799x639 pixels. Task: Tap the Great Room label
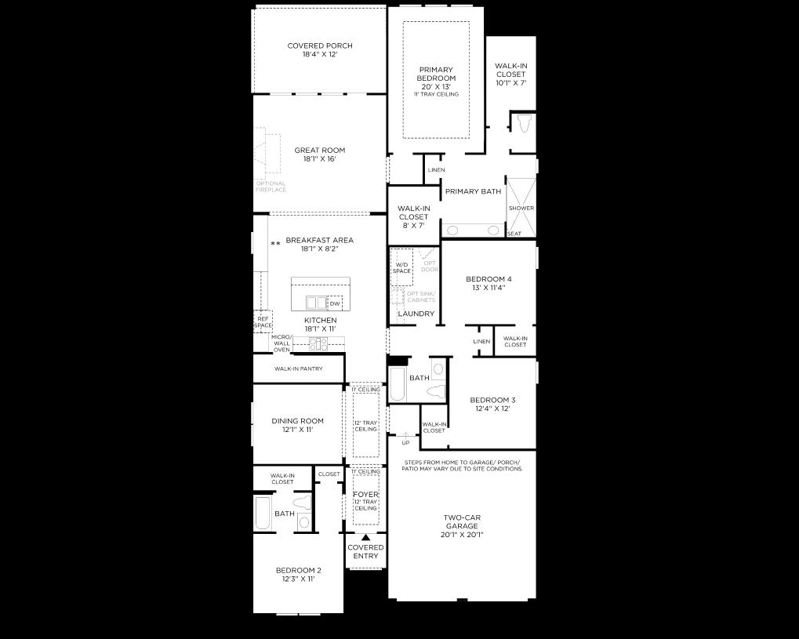[x=319, y=154]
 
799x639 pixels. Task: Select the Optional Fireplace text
[x=271, y=187]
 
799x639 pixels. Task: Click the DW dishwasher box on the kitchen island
[x=335, y=303]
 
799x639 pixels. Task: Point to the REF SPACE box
[x=262, y=321]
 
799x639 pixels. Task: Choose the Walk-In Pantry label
[x=298, y=369]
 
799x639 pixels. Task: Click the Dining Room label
[x=297, y=425]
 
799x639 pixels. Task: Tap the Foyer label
[x=365, y=495]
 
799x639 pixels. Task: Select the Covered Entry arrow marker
[x=365, y=537]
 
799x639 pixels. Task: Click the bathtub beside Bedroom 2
[x=263, y=514]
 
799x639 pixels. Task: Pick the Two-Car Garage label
[x=461, y=526]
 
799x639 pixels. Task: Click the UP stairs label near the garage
[x=405, y=443]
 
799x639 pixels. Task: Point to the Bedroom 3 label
[x=492, y=404]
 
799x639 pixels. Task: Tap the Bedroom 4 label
[x=488, y=283]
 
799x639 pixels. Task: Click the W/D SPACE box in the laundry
[x=401, y=267]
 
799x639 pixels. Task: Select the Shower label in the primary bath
[x=521, y=208]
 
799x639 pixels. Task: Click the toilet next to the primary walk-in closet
[x=523, y=124]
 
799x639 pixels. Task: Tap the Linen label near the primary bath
[x=436, y=170]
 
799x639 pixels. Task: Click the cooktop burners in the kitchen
[x=318, y=343]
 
